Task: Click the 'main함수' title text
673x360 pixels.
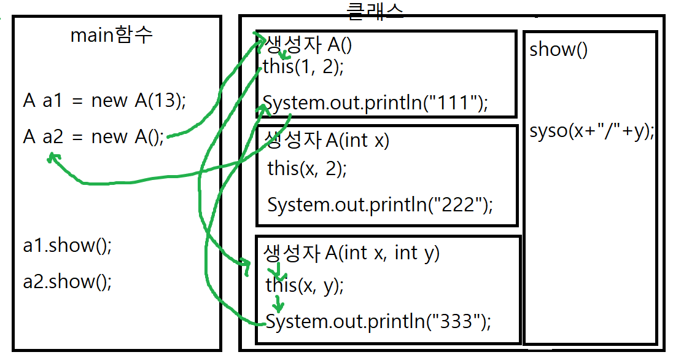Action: [x=111, y=35]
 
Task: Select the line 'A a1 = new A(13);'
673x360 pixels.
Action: [x=104, y=101]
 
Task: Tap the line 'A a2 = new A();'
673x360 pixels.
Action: [x=94, y=136]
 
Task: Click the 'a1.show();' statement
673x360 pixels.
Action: [x=68, y=246]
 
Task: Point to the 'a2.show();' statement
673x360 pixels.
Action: [x=68, y=282]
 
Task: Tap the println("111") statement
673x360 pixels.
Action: [x=375, y=103]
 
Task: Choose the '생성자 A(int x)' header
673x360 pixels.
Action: [x=326, y=140]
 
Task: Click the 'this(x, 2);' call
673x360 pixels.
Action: [x=307, y=168]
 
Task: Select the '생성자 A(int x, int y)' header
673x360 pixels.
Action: [x=352, y=252]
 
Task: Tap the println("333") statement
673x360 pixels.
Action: [x=378, y=321]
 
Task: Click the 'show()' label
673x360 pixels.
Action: [x=558, y=50]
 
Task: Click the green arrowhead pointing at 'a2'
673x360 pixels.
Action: [x=53, y=158]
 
